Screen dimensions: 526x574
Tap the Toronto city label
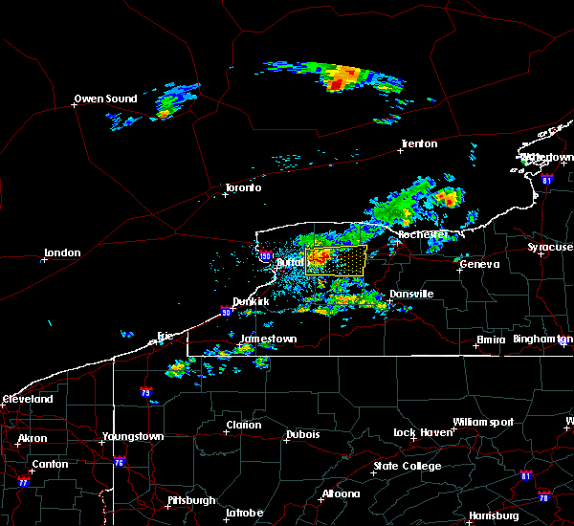(242, 187)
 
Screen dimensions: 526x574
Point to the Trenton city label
(419, 144)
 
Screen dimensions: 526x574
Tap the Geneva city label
(478, 265)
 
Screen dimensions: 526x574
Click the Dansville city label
(411, 294)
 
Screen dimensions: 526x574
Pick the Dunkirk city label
(251, 301)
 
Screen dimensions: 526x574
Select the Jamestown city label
(268, 339)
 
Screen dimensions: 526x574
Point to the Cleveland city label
(27, 399)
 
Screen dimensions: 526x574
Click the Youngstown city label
(133, 437)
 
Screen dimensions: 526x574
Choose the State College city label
(408, 466)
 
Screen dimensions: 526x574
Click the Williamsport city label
(483, 422)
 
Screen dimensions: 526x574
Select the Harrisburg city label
(495, 516)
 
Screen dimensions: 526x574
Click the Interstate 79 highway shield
(145, 392)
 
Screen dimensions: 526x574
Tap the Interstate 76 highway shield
(119, 463)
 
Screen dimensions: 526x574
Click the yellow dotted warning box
(336, 261)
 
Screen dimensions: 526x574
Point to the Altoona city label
(341, 494)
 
